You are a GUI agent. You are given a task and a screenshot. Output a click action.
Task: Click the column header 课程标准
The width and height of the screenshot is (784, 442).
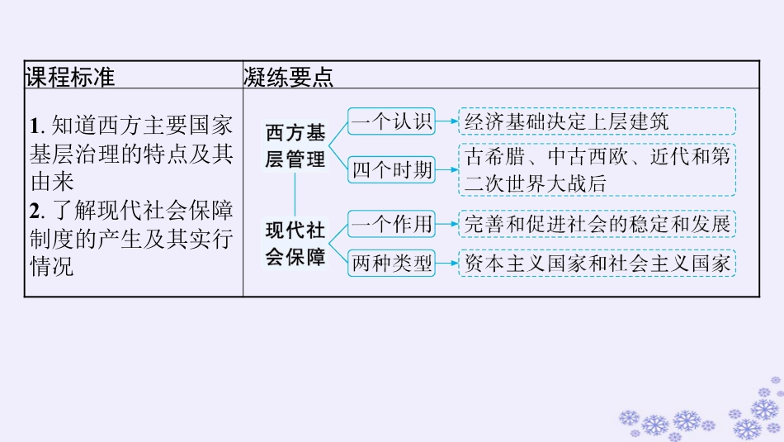point(70,77)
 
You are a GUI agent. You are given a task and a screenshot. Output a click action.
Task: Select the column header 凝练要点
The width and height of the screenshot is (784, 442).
point(288,77)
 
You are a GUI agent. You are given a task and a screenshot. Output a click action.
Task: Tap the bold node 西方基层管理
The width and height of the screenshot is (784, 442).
point(295,145)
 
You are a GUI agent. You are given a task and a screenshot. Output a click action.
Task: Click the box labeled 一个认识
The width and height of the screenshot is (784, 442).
point(392,121)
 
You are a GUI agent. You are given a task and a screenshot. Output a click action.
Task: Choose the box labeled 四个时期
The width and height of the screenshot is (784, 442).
point(392,170)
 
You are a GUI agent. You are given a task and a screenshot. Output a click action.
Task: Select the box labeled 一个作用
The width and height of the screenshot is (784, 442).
point(392,222)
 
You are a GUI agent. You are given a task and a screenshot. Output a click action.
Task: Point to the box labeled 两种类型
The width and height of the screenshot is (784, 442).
point(392,264)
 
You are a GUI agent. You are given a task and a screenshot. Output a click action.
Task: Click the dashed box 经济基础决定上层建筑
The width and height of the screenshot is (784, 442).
point(597,121)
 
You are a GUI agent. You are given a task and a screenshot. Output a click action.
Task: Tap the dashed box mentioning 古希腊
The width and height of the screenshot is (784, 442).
point(597,169)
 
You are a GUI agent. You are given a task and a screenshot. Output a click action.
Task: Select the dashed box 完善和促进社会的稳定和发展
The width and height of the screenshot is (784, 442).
point(597,222)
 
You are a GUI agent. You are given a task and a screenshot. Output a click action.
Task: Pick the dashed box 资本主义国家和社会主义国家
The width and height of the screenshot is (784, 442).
point(597,264)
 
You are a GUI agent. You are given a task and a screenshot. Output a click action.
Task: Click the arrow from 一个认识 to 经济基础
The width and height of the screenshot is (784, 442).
point(447,121)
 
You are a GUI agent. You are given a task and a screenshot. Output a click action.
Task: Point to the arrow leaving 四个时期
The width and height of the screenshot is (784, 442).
point(447,170)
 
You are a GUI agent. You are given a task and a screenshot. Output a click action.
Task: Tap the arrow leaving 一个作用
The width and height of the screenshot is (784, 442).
point(447,222)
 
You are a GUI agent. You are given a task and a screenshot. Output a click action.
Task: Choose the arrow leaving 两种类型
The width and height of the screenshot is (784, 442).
point(447,264)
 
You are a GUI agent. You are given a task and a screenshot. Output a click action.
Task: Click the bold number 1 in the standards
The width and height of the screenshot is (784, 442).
point(35,126)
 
